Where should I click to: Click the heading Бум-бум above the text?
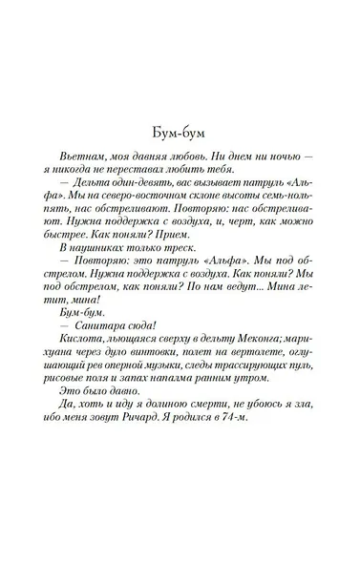[x=180, y=133]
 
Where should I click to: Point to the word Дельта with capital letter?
[x=94, y=183]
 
